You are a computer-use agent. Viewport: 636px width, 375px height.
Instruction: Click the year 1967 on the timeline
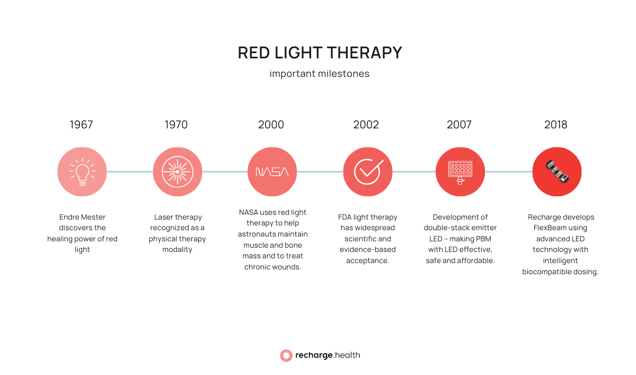pos(81,125)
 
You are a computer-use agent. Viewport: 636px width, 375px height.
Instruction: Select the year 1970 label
pos(176,125)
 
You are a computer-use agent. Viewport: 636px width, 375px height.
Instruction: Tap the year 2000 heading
pos(271,125)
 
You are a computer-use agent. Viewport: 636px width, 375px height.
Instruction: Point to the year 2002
pos(366,125)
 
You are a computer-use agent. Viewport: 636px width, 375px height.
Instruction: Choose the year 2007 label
pos(459,125)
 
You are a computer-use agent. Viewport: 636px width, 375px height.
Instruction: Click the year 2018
pos(555,125)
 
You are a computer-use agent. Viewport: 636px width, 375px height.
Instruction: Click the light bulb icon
pos(82,172)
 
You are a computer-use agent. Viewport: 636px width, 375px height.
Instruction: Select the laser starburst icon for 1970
pos(178,172)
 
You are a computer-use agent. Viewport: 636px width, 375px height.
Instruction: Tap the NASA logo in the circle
pos(272,172)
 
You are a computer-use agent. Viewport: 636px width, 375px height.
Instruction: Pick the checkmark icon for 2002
pos(368,172)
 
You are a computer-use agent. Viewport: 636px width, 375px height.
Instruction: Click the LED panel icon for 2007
pos(460,172)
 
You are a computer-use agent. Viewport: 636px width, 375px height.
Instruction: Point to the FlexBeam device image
pos(557,172)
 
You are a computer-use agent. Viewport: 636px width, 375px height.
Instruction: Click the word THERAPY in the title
pos(365,53)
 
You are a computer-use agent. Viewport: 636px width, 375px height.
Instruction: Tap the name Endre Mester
pos(82,217)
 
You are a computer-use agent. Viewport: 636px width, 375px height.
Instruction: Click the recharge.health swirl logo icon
pos(286,355)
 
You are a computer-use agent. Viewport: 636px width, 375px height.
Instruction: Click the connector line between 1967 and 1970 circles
pos(130,172)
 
